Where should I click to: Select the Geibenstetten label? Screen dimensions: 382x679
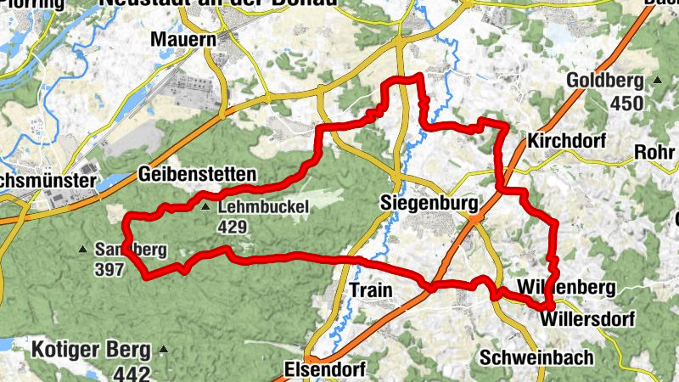pos(196,175)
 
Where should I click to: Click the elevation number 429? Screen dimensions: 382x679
pos(232,227)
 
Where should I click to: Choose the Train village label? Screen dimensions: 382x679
pos(371,290)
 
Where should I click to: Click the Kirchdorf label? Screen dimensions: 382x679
pos(566,140)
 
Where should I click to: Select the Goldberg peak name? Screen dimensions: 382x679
pos(605,81)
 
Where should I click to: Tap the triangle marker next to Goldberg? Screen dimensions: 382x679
pos(657,81)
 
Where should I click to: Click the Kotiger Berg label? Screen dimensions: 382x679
pos(91,349)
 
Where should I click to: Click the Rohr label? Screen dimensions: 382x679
pos(655,154)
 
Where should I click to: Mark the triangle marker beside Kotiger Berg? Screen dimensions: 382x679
pos(164,349)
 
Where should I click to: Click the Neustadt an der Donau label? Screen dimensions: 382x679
pos(218,4)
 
